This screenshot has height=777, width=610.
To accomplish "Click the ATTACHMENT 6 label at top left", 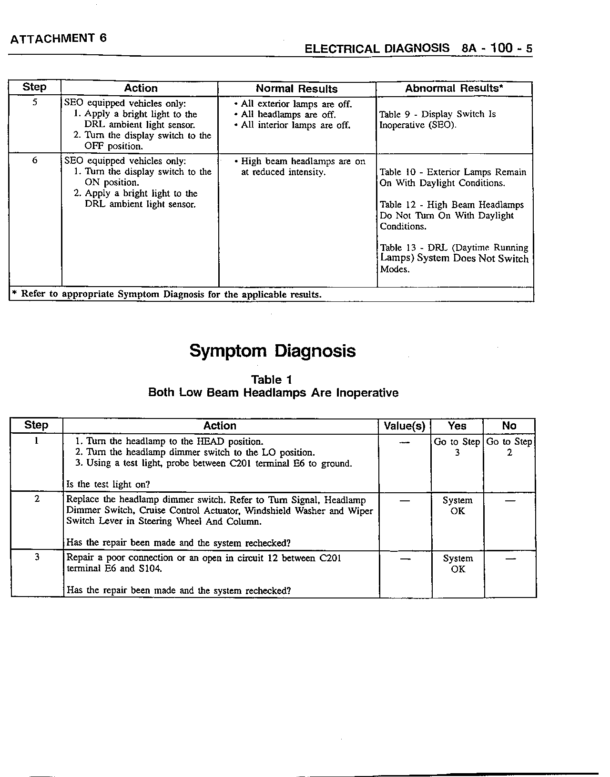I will tap(58, 39).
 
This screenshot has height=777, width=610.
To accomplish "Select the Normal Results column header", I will tap(296, 89).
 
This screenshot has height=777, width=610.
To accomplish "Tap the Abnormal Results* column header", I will tap(454, 88).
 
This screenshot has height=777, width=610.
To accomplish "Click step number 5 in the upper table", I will tap(35, 102).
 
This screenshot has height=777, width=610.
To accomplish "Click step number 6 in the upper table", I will tap(35, 160).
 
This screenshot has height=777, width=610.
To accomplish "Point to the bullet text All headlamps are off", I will tap(288, 115).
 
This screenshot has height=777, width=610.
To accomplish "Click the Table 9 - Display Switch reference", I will tap(437, 120).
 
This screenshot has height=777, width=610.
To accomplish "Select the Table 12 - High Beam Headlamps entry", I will tap(452, 215).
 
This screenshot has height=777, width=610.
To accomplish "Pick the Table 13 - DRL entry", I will tap(454, 258).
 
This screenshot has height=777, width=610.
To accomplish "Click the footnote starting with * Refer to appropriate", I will tap(165, 294).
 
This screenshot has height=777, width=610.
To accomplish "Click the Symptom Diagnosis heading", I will tap(273, 351).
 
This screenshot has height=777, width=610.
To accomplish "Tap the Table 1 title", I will tap(272, 380).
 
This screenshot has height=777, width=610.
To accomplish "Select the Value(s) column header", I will tap(405, 426).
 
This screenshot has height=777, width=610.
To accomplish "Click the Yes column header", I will tap(457, 426).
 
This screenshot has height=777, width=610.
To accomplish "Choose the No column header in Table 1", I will tap(509, 426).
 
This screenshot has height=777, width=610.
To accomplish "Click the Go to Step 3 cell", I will tap(457, 447).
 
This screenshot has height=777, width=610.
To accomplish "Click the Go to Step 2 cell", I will tap(509, 447).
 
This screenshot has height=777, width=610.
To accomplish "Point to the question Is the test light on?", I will tap(108, 485).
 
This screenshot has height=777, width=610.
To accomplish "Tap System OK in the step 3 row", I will tap(457, 564).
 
